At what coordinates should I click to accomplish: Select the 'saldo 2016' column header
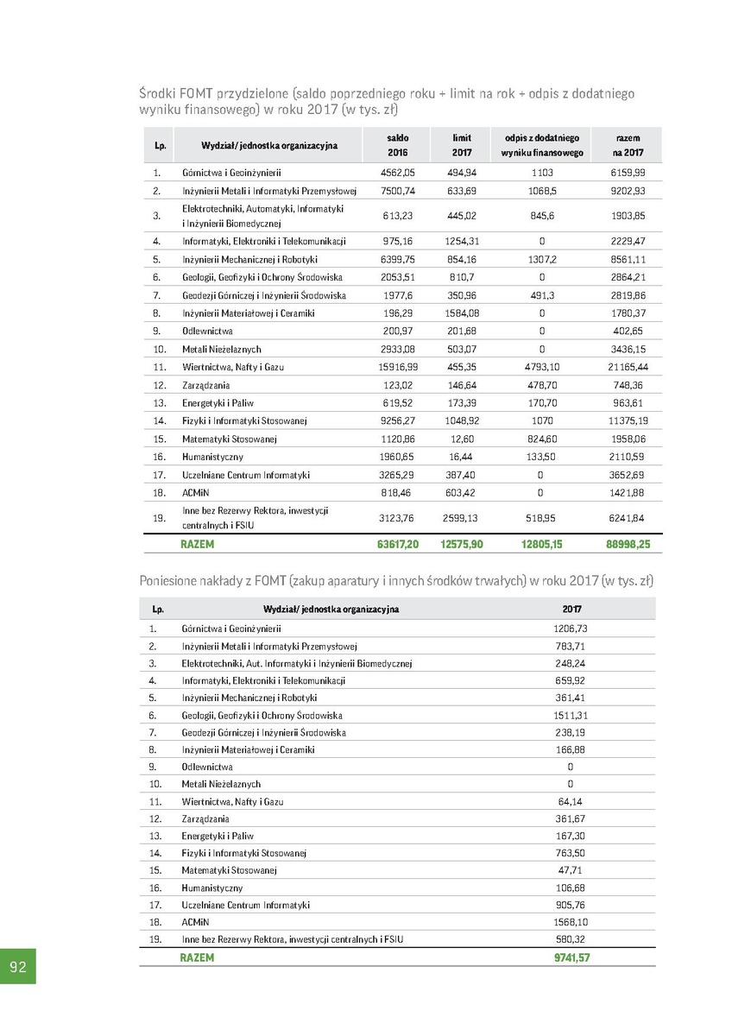[397, 145]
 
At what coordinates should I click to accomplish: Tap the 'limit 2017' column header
[462, 145]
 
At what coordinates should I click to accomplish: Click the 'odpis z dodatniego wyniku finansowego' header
[542, 145]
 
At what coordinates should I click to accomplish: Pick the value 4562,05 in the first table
[397, 173]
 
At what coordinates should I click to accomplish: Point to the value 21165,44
[628, 367]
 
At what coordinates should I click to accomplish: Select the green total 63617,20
[397, 545]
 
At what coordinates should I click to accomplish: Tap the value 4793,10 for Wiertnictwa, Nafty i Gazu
[542, 367]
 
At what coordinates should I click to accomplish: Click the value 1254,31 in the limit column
[462, 241]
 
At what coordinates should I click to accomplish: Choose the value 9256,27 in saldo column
[397, 420]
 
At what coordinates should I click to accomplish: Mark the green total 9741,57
[571, 957]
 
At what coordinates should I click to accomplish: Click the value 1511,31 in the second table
[571, 715]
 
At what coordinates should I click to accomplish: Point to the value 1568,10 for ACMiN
[571, 922]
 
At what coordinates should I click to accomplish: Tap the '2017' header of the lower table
[571, 609]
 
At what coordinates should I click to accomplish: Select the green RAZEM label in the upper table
[197, 545]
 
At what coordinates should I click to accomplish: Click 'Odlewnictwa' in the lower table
[207, 767]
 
